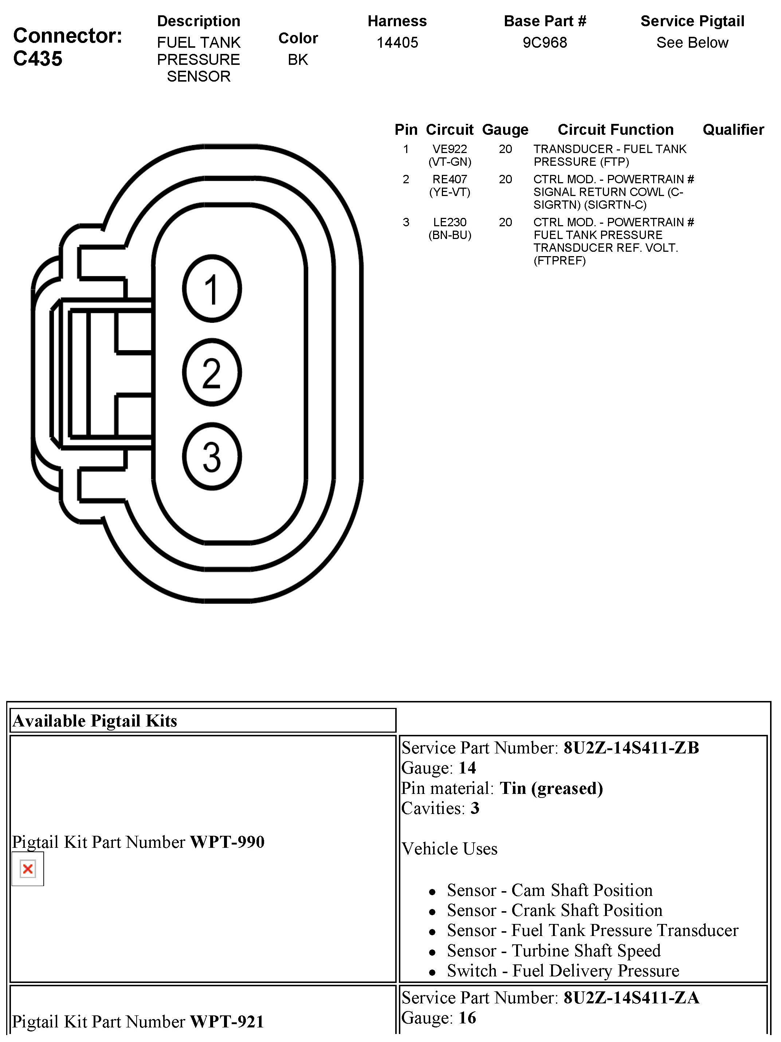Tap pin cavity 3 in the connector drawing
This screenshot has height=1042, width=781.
tap(212, 457)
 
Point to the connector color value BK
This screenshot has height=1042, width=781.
tap(298, 60)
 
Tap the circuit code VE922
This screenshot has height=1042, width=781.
tap(450, 149)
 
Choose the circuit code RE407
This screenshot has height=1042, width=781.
tap(450, 180)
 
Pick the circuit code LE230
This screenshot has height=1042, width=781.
tap(450, 222)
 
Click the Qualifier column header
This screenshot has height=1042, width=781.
tap(733, 130)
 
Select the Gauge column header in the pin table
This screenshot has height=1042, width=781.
tap(505, 130)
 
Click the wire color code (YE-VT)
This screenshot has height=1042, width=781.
tap(450, 192)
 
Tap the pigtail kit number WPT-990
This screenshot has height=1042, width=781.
tap(227, 842)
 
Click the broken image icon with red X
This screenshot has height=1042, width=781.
tap(28, 869)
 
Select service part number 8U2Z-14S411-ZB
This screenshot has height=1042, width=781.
tap(631, 748)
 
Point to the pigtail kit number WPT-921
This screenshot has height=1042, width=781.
tap(227, 1021)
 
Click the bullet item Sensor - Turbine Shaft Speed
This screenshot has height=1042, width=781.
tap(553, 951)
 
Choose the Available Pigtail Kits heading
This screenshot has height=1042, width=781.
tap(95, 721)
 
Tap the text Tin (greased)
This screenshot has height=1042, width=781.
tap(551, 788)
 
